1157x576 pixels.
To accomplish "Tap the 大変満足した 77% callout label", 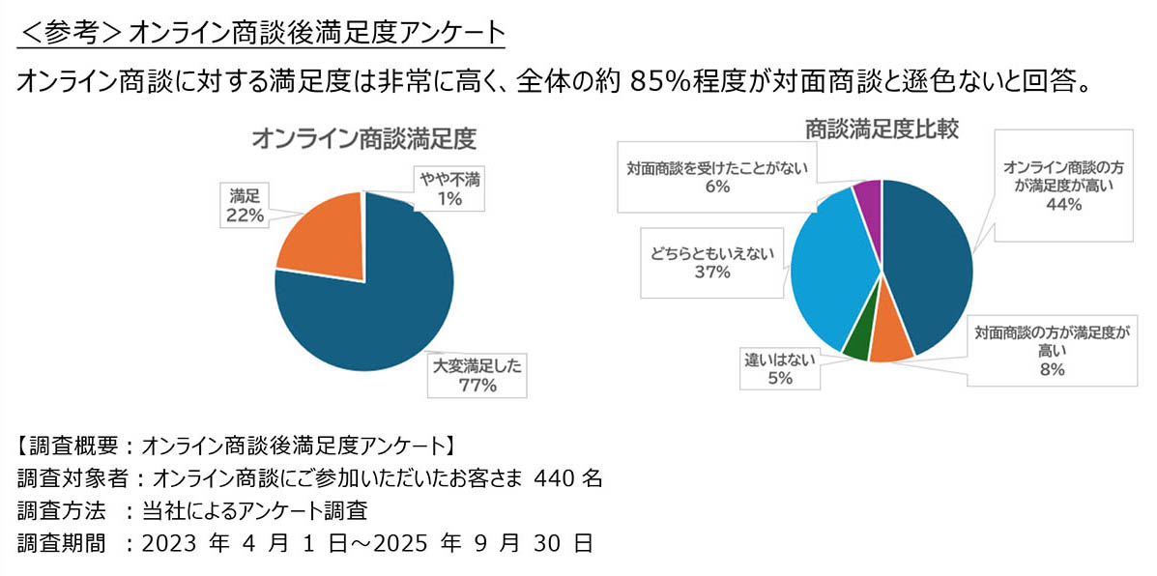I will click(x=478, y=376).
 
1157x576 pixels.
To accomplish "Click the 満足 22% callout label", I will click(x=245, y=205).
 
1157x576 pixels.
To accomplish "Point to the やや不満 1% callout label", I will click(x=449, y=187).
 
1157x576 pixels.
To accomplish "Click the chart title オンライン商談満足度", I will click(x=364, y=138).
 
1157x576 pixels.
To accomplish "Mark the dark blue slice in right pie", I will click(x=928, y=261).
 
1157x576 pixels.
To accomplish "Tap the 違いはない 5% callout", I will click(x=780, y=368).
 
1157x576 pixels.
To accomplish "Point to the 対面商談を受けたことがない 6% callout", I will click(x=716, y=177).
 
